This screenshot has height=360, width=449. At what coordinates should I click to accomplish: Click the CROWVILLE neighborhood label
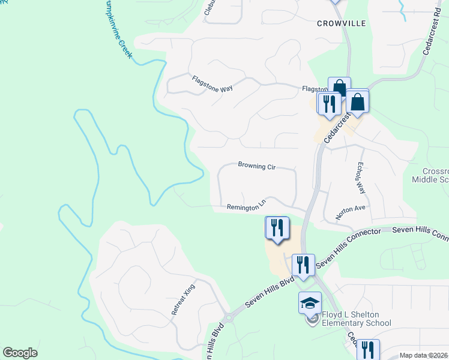(x=342, y=23)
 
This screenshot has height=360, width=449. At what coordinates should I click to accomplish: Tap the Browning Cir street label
(x=256, y=165)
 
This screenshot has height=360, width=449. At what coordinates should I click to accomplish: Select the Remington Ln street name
(x=246, y=207)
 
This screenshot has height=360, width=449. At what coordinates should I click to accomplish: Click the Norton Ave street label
(x=350, y=208)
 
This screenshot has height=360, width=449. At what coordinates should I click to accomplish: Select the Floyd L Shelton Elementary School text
(x=357, y=319)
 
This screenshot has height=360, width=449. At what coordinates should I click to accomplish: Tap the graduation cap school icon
(x=310, y=302)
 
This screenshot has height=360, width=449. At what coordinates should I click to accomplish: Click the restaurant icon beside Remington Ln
(x=277, y=227)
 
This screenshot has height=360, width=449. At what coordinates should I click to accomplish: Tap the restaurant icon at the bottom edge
(x=367, y=349)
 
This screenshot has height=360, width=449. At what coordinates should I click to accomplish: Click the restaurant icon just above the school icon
(x=303, y=265)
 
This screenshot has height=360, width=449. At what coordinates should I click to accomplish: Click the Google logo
(x=20, y=353)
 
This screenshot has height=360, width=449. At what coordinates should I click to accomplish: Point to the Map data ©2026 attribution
(x=423, y=355)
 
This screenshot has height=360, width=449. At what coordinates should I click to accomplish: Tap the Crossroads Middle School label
(x=432, y=175)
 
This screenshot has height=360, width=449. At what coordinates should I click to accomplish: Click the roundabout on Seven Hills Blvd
(x=227, y=317)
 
